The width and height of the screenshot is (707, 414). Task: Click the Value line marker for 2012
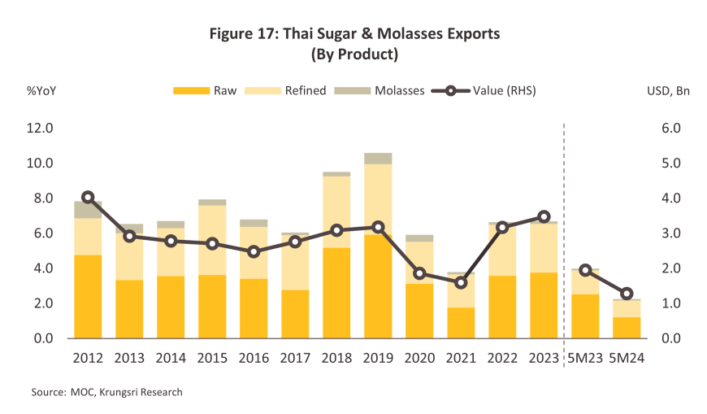click(88, 198)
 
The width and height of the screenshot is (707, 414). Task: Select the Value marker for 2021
click(461, 283)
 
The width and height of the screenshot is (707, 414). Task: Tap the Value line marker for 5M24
click(627, 294)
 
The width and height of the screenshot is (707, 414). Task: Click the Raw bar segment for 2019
click(378, 286)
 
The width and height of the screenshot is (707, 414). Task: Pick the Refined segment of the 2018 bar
click(336, 211)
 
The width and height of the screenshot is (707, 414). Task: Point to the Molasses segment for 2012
click(88, 210)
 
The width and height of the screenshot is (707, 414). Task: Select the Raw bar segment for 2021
click(461, 323)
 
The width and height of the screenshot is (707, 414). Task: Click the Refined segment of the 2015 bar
click(212, 240)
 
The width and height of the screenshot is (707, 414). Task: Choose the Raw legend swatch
click(191, 91)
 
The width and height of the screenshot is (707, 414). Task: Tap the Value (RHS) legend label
click(504, 91)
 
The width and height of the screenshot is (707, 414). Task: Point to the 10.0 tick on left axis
click(40, 163)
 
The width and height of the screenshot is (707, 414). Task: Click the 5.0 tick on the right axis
click(671, 163)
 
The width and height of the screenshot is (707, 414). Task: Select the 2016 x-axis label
click(254, 358)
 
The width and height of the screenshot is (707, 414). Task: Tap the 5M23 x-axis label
click(585, 358)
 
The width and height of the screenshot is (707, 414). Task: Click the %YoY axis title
click(41, 91)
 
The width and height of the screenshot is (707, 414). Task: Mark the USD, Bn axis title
click(668, 91)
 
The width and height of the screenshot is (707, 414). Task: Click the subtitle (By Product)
click(354, 54)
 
